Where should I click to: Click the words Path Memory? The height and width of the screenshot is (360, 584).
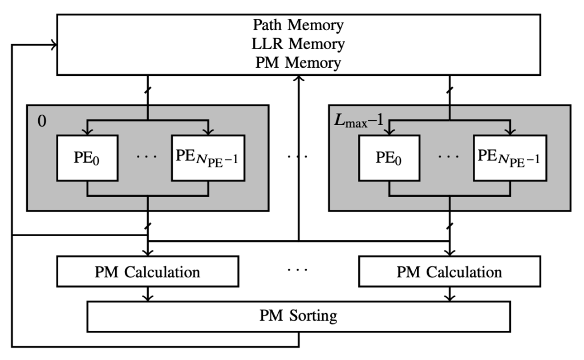[x=298, y=26]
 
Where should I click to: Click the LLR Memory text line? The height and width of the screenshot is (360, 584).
[x=298, y=44]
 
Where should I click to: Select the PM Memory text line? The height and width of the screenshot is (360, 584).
[x=298, y=62]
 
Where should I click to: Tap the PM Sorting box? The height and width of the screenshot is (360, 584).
[x=298, y=315]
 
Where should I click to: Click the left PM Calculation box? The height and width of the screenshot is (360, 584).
[x=147, y=271]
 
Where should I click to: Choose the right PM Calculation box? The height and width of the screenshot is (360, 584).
[x=449, y=271]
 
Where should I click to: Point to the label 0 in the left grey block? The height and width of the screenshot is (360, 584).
[x=41, y=122]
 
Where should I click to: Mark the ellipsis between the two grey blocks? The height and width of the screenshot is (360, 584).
[x=298, y=155]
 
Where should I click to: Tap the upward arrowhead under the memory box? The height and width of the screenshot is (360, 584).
[x=298, y=79]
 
